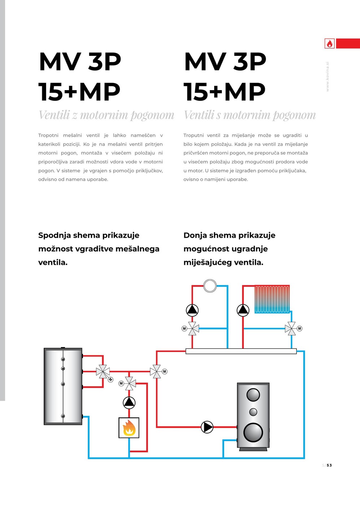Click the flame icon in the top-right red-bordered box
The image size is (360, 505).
tap(330, 44)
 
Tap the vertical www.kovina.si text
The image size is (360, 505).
tap(328, 76)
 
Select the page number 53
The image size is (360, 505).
tap(329, 465)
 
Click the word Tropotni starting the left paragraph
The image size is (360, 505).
tap(48, 135)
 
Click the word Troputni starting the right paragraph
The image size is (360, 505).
tap(193, 135)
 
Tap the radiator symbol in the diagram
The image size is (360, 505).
tap(272, 299)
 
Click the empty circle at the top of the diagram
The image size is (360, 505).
tap(210, 286)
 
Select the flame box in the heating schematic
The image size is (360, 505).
tap(129, 428)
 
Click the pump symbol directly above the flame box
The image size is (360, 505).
tap(129, 402)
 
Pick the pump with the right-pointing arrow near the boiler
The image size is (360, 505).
tap(207, 427)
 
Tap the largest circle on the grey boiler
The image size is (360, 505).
tap(253, 432)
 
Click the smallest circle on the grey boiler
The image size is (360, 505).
tap(253, 412)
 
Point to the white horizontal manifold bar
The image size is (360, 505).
tap(241, 351)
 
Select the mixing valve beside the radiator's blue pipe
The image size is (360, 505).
tap(291, 329)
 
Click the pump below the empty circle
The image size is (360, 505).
tap(192, 310)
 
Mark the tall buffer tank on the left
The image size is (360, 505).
tap(63, 386)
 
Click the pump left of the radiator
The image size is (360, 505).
tap(243, 310)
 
